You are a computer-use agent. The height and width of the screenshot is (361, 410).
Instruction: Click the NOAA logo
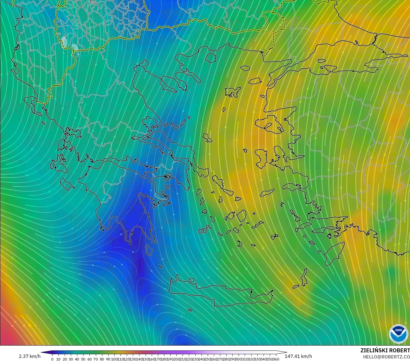point(398,334)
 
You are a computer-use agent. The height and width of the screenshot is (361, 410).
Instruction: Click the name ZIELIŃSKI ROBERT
point(385,350)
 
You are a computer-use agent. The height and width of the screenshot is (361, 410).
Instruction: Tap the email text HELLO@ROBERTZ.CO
point(386,357)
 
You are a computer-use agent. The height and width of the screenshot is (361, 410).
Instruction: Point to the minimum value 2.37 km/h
point(30,356)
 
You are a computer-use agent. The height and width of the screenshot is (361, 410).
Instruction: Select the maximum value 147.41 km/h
point(298,356)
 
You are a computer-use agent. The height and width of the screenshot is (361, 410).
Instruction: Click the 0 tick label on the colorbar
point(52,359)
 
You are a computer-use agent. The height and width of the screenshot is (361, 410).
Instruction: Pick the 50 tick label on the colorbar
point(83,359)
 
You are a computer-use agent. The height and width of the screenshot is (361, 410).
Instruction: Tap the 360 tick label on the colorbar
point(276,359)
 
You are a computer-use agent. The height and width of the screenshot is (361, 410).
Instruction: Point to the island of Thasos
point(210,58)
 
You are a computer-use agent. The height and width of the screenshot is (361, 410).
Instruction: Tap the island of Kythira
point(149,249)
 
